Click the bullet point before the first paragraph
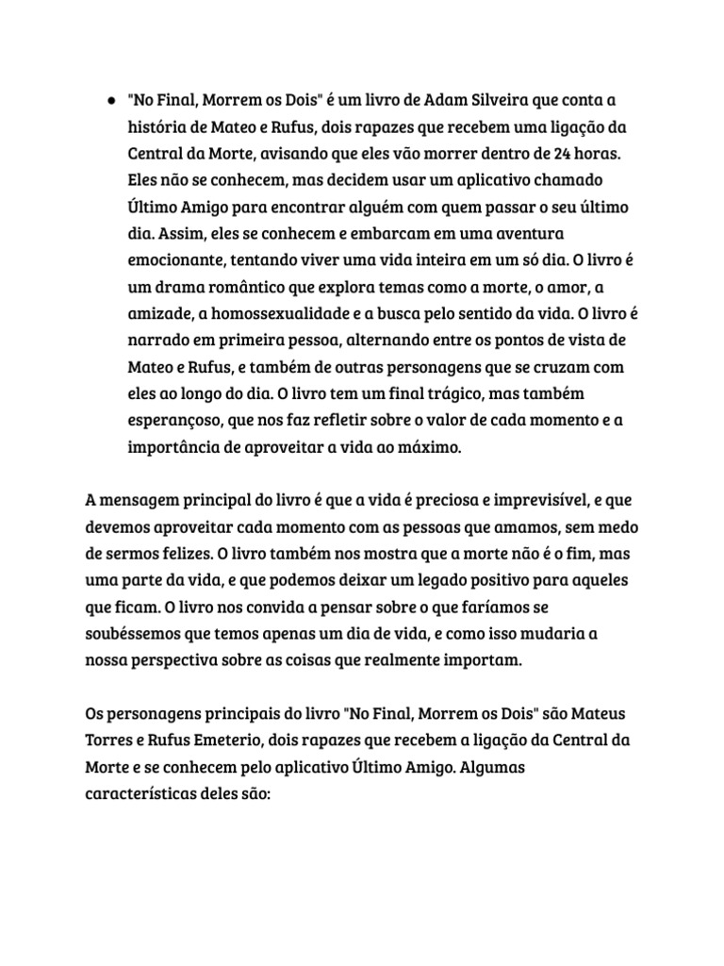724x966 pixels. click(112, 99)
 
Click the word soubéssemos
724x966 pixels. click(131, 631)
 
